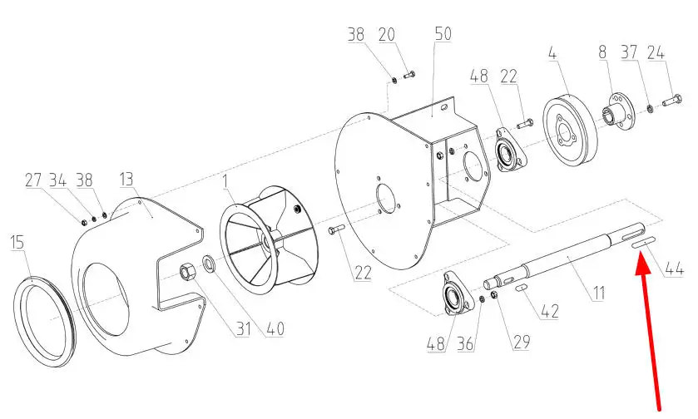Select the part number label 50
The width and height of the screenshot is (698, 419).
point(443,34)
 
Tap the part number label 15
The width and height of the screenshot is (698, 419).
point(17,243)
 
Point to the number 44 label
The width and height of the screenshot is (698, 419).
point(674,269)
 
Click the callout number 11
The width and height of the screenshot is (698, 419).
point(599,293)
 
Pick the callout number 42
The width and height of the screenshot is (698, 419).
point(549,311)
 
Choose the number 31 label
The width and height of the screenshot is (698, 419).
point(244,328)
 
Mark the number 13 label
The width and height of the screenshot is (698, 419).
point(126,179)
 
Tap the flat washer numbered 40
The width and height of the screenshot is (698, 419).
point(209,264)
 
